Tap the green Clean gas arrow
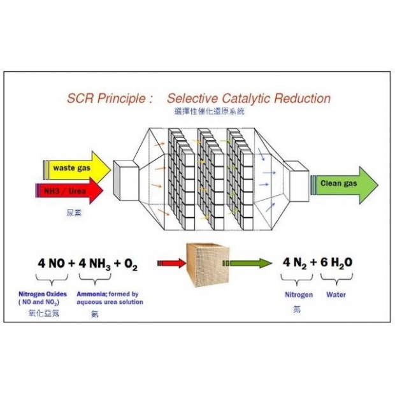[344, 184]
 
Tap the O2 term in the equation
[131, 264]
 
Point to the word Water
[336, 295]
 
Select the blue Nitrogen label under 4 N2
[298, 295]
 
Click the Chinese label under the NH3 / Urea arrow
[71, 213]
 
